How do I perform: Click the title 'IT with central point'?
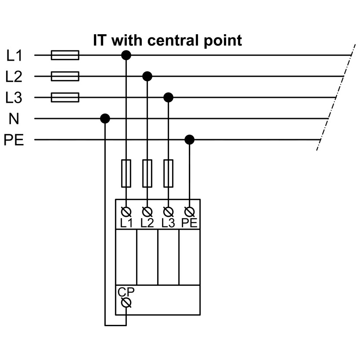(x=167, y=40)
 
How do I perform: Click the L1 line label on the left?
(x=14, y=56)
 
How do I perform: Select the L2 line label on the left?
(x=14, y=77)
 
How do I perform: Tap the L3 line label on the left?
(x=14, y=98)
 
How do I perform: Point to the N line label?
(x=14, y=119)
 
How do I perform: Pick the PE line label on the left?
(x=14, y=140)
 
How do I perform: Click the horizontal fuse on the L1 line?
(x=65, y=55)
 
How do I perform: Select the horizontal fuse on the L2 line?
(x=65, y=76)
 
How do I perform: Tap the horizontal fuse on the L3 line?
(x=65, y=97)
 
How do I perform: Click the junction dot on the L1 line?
(x=126, y=55)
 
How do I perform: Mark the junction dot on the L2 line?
(x=147, y=76)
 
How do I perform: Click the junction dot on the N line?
(x=105, y=119)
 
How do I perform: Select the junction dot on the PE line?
(x=189, y=140)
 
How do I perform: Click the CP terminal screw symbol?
(x=126, y=302)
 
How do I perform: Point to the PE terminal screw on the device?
(x=190, y=212)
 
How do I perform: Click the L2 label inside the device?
(x=147, y=223)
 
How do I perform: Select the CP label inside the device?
(x=126, y=292)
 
